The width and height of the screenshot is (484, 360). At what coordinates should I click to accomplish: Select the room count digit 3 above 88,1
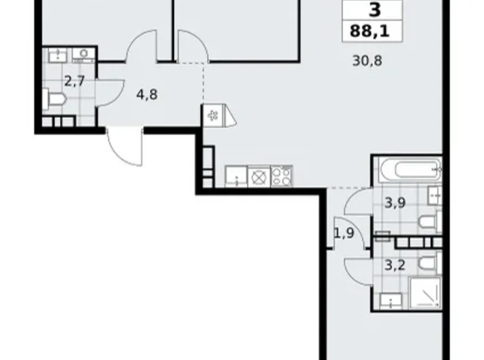click(374, 10)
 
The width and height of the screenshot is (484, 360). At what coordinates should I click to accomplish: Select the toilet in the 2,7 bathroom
click(54, 99)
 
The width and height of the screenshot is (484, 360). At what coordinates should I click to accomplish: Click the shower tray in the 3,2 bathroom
click(425, 293)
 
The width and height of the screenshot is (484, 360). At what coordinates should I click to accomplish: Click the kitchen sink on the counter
click(235, 176)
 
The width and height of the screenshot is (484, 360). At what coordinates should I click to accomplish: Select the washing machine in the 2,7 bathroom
click(82, 55)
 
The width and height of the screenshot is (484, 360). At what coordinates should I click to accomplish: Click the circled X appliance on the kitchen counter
click(258, 176)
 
